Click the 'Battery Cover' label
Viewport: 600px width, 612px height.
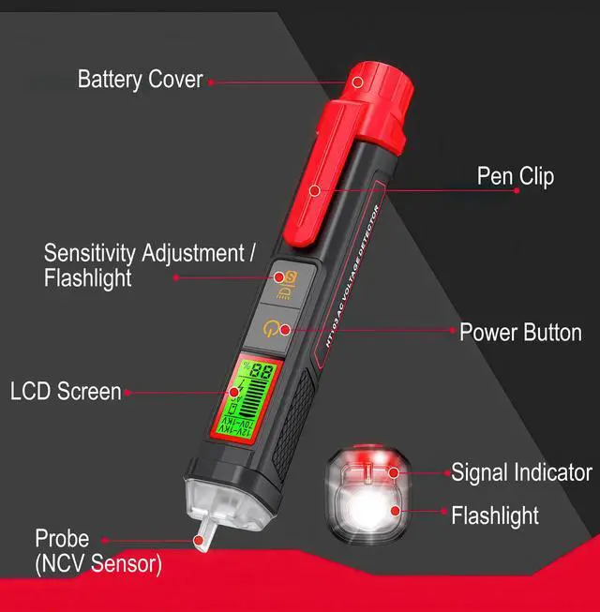(x=140, y=79)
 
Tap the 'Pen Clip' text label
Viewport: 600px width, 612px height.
(x=515, y=175)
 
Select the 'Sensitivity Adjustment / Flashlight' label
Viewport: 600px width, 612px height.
(x=149, y=265)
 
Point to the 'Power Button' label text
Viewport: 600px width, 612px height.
(x=519, y=332)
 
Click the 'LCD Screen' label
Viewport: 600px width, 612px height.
(x=66, y=391)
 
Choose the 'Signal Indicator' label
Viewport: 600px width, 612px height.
(x=521, y=471)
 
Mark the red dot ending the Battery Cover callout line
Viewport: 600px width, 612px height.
(x=211, y=82)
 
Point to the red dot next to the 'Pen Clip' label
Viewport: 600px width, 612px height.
(x=517, y=190)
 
